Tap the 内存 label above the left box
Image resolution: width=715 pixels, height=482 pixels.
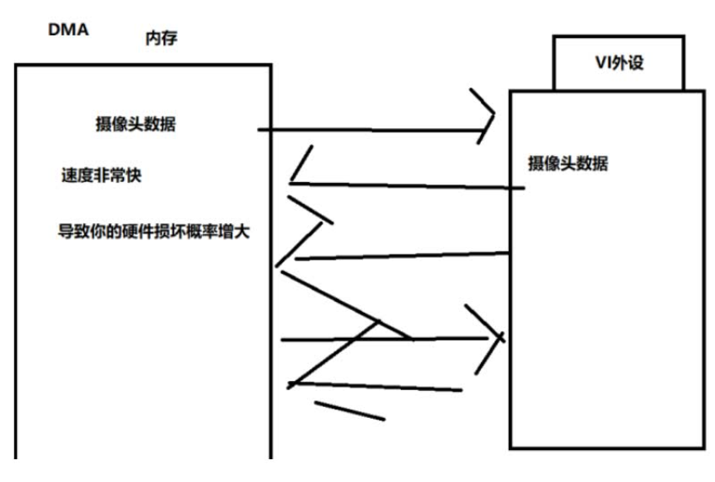pos(161,39)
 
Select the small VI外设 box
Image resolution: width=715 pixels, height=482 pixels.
pos(618,62)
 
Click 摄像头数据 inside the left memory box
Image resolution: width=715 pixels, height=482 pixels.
pos(135,125)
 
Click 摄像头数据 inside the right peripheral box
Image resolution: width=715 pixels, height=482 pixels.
pos(568,163)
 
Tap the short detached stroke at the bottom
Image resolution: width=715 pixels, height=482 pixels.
pos(349,410)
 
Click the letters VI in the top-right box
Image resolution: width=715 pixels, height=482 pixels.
pos(600,62)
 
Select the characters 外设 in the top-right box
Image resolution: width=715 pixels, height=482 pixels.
pos(629,62)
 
